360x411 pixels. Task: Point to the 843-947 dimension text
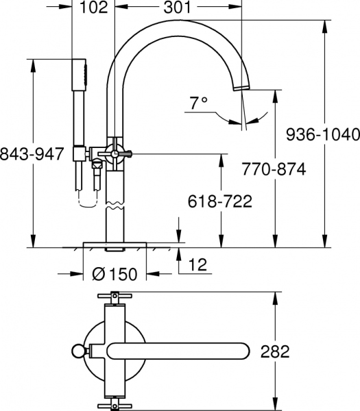pyautogui.click(x=34, y=152)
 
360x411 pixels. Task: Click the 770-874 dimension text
pyautogui.click(x=274, y=168)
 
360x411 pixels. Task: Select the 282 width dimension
pyautogui.click(x=275, y=351)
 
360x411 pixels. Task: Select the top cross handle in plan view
pyautogui.click(x=114, y=297)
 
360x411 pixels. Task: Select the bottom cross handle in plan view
pyautogui.click(x=114, y=405)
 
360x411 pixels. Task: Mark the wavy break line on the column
pyautogui.click(x=115, y=201)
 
